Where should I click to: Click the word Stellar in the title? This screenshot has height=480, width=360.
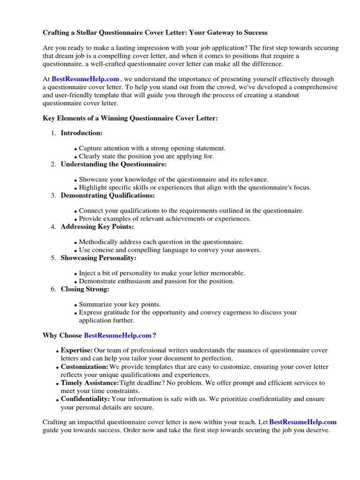click(90, 33)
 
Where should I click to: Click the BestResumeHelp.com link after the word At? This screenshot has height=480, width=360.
click(85, 80)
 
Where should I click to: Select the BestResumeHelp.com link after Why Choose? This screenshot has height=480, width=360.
click(117, 336)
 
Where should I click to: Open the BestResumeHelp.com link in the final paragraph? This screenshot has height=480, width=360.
click(303, 422)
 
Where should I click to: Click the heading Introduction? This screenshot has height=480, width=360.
click(82, 133)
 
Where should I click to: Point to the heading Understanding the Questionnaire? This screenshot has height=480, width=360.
click(113, 164)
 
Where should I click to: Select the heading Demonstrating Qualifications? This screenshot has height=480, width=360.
click(108, 195)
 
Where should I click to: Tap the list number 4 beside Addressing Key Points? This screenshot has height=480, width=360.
click(53, 227)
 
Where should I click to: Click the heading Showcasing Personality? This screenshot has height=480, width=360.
click(98, 258)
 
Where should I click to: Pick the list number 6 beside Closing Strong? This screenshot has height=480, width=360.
click(53, 289)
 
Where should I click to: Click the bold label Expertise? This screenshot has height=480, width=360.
click(77, 351)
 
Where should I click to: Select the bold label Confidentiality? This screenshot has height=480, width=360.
click(85, 399)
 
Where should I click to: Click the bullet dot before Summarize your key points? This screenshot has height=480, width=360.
click(75, 305)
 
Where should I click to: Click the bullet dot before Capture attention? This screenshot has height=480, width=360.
click(75, 149)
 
